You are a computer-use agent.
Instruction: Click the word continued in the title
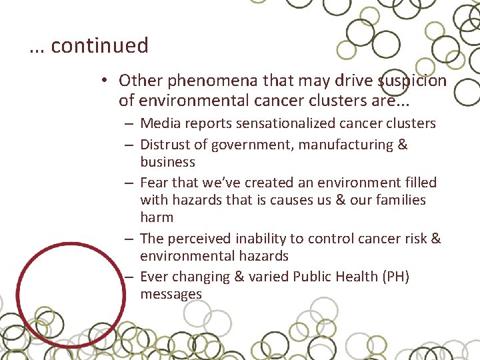click(x=99, y=45)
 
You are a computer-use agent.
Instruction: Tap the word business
click(x=167, y=162)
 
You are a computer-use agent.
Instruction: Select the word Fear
click(x=154, y=183)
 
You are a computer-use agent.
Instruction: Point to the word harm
click(x=157, y=217)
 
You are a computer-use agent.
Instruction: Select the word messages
click(x=171, y=294)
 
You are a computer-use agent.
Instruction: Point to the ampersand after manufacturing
click(x=401, y=145)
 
